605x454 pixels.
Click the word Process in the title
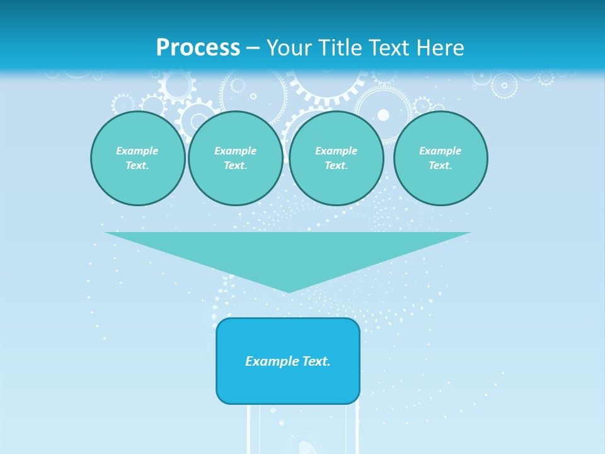click(x=198, y=48)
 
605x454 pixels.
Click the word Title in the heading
click(x=340, y=48)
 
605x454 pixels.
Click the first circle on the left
click(x=137, y=158)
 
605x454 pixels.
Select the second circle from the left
click(x=235, y=158)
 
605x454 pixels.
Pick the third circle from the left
click(x=336, y=158)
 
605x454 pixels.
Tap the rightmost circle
click(x=440, y=158)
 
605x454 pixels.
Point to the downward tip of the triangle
click(x=288, y=291)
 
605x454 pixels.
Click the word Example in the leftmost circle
click(x=137, y=151)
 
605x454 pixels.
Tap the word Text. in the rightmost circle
click(x=440, y=165)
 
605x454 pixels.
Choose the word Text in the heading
click(x=389, y=48)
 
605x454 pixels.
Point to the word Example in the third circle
click(x=336, y=151)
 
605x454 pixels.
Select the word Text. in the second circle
click(x=235, y=165)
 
